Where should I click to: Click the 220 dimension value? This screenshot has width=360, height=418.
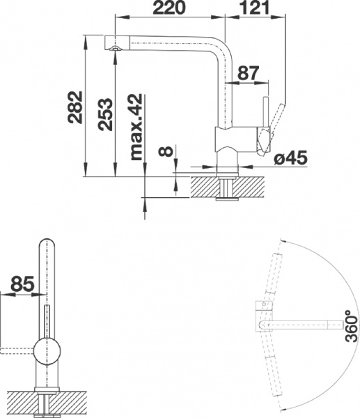[x=169, y=8]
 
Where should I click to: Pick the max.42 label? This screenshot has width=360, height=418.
[x=136, y=127]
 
